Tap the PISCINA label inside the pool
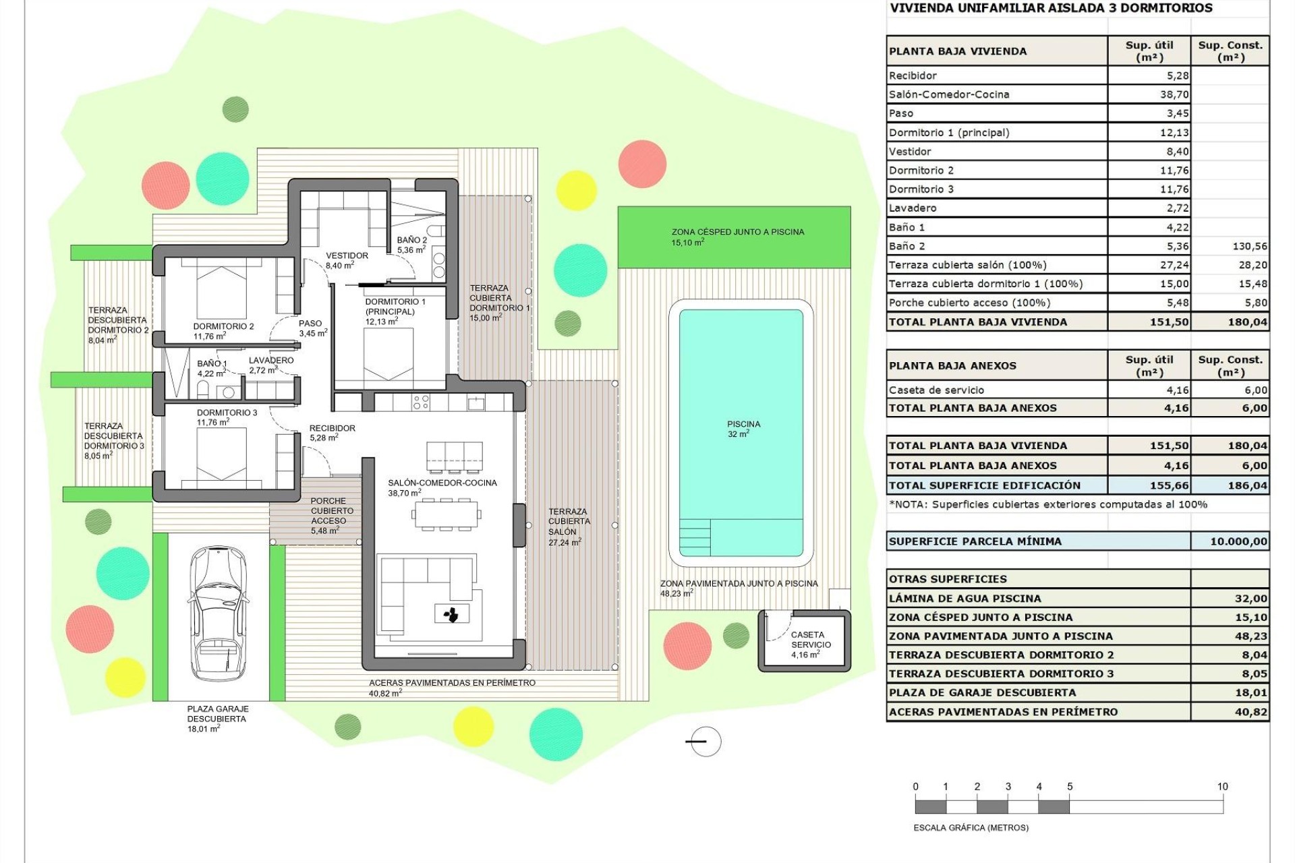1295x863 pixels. click(x=743, y=425)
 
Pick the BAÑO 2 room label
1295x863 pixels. click(x=411, y=241)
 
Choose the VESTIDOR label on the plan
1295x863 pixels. click(x=347, y=256)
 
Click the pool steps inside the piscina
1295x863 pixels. click(x=694, y=536)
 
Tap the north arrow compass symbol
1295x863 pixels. click(x=706, y=742)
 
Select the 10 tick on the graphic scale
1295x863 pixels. click(x=1222, y=787)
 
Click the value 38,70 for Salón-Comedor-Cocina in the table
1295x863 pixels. click(x=1174, y=95)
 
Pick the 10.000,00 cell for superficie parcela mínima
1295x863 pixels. click(x=1238, y=541)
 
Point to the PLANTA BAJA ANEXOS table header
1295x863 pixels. click(x=952, y=366)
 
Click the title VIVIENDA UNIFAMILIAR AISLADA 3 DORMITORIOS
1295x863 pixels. click(x=1051, y=9)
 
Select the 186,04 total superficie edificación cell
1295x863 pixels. click(x=1248, y=485)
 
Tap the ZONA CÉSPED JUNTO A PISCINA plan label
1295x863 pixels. click(x=737, y=232)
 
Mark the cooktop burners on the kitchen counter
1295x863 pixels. click(x=421, y=403)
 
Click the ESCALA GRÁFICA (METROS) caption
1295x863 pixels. click(x=971, y=828)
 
